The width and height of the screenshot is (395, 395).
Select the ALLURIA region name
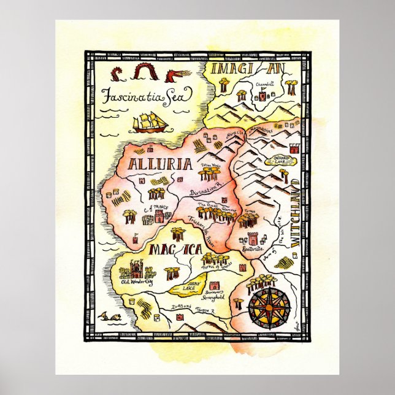pyautogui.click(x=161, y=164)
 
